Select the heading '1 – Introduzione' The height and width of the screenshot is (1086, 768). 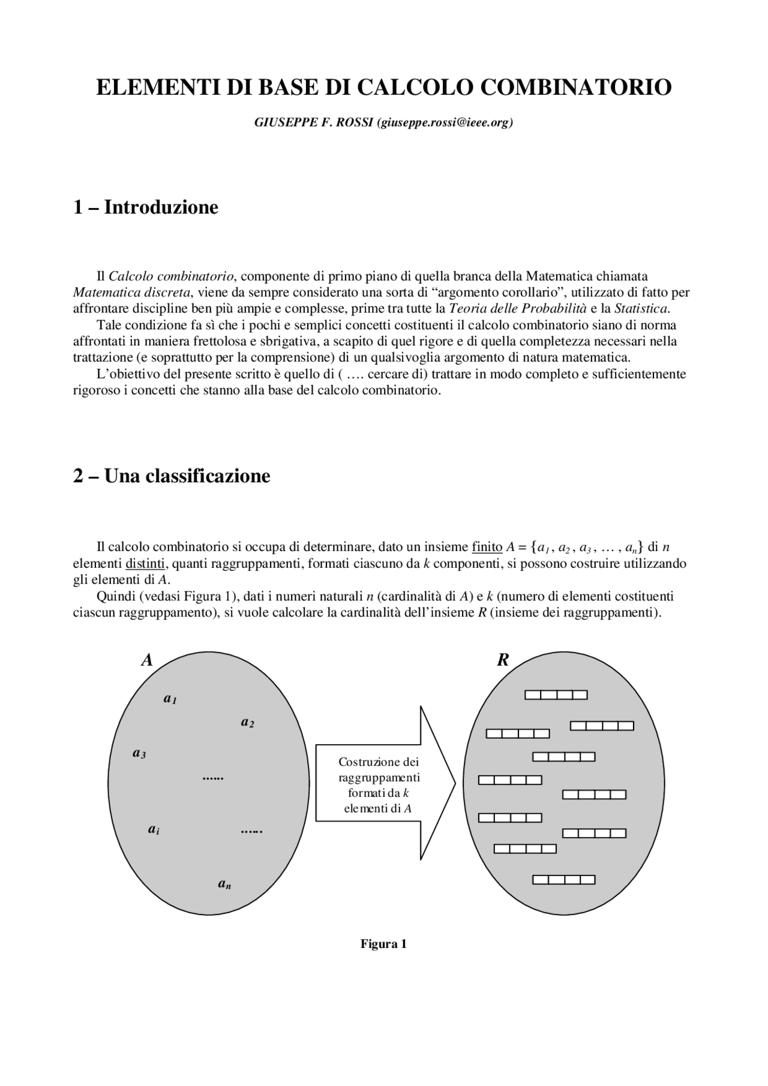point(145,207)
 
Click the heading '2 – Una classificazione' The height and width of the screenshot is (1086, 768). point(172,476)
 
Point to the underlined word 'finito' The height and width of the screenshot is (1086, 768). point(487,547)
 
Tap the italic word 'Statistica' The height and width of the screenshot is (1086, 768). point(641,309)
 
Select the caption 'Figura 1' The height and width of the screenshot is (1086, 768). point(383,944)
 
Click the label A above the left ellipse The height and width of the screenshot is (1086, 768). point(147,660)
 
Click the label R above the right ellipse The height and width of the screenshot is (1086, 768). point(503,660)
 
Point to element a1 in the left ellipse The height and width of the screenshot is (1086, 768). point(170,699)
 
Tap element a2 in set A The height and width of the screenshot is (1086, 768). point(247,722)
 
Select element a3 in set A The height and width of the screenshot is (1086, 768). point(139,753)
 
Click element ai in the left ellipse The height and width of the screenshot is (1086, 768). point(154,829)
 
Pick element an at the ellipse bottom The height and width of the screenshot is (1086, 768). point(224,883)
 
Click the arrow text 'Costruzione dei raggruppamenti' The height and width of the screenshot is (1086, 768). point(379,769)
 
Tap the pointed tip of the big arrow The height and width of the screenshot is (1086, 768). point(454,783)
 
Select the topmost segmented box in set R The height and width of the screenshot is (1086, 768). point(556,694)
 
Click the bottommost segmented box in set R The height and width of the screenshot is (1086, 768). point(563,880)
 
